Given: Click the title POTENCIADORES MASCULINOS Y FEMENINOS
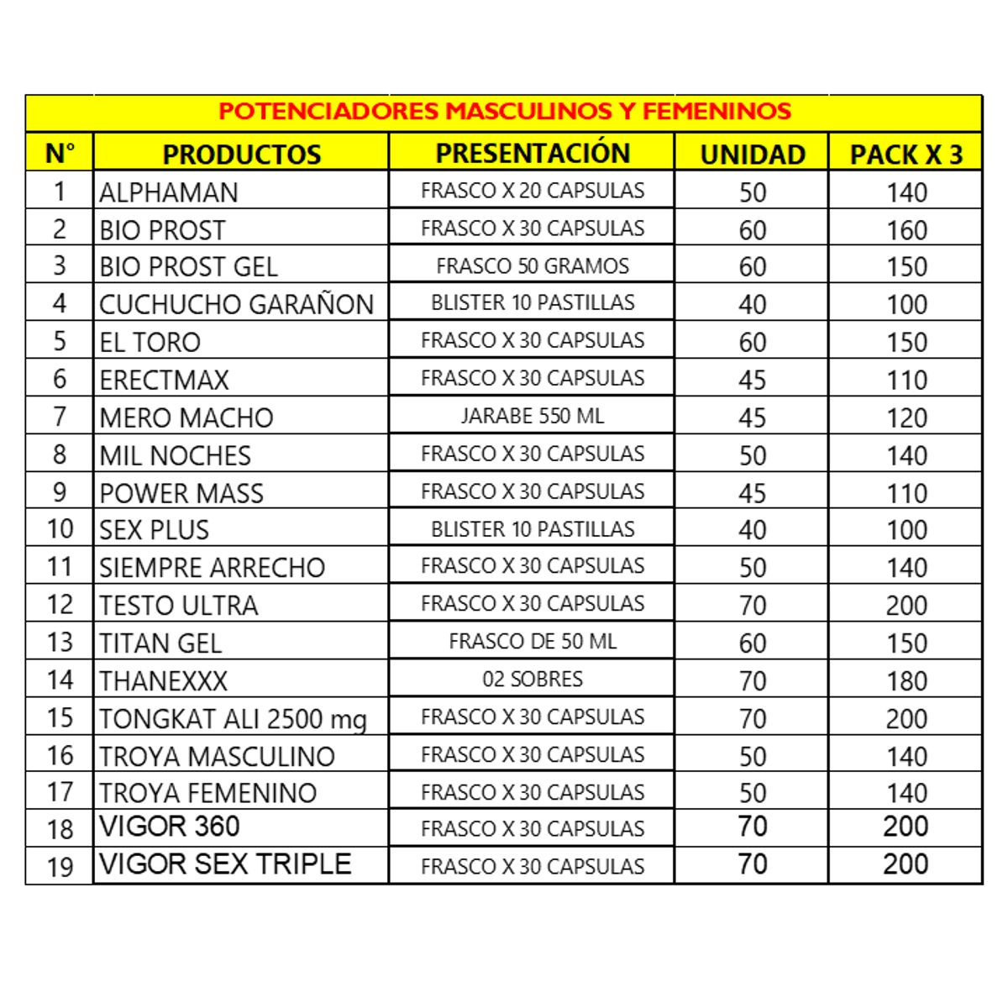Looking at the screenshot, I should click(504, 112).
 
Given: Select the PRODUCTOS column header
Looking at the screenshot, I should click(241, 155).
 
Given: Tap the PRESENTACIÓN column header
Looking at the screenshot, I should click(533, 153).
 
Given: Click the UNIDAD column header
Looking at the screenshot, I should click(752, 155).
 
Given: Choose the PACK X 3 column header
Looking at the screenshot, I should click(906, 155).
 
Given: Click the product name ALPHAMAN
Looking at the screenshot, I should click(169, 192).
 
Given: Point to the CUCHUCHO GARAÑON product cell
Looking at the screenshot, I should click(236, 304).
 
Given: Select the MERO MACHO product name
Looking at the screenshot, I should click(186, 417).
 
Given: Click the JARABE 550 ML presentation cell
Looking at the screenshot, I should click(533, 416).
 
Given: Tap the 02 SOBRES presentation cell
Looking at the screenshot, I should click(533, 679).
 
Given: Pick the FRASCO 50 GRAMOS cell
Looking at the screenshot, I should click(533, 266).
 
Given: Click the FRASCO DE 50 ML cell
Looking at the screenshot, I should click(533, 642).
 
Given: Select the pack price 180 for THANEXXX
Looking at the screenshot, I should click(906, 680).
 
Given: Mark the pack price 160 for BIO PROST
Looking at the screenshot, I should click(906, 230).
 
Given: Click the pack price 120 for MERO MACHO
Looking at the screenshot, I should click(906, 417).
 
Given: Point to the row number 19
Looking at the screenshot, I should click(60, 866).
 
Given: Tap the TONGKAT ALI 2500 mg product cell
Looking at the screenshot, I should click(233, 719).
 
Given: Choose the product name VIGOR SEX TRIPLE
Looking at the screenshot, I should click(225, 864).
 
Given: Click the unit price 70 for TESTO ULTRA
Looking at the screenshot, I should click(753, 605).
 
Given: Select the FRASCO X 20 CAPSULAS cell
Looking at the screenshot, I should click(533, 191).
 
